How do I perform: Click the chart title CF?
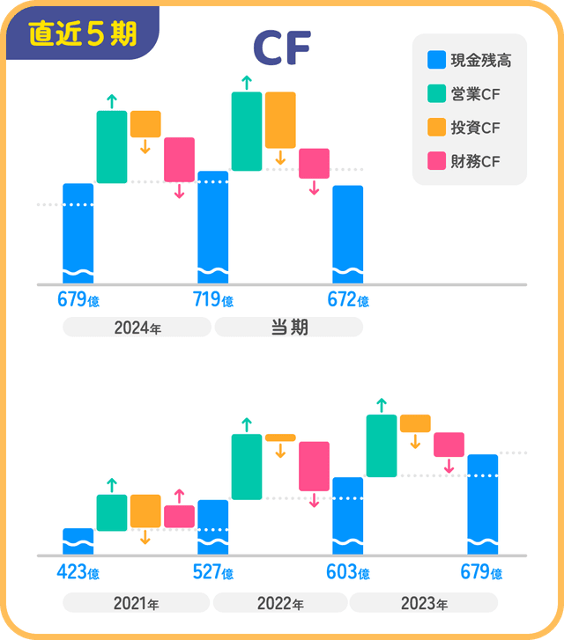282,49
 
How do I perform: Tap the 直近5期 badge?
82,33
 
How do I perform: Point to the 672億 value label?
348,300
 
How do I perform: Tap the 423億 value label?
78,573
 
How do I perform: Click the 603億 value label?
348,573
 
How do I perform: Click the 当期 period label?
288,327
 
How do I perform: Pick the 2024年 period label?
137,328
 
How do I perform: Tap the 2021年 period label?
137,604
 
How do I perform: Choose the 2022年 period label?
280,604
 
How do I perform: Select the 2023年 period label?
424,604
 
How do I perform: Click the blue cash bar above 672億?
347,233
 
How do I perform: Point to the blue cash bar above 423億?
78,541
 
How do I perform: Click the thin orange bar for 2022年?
280,438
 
